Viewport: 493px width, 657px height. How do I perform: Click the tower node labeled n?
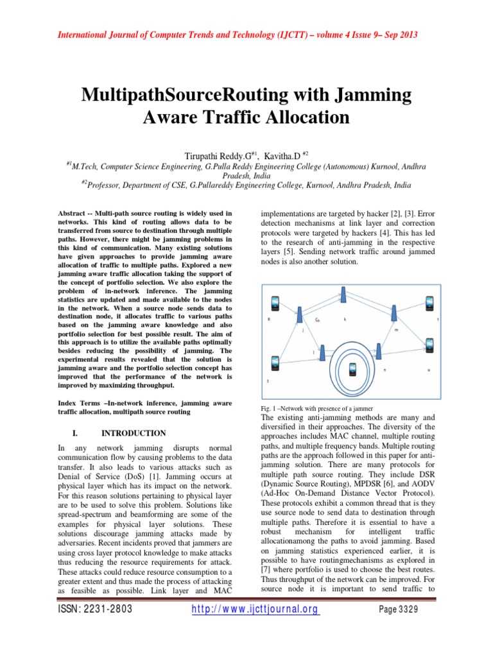[x=379, y=352]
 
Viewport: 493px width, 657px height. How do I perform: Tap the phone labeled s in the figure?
[x=275, y=363]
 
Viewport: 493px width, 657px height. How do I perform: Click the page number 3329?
[x=399, y=610]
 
